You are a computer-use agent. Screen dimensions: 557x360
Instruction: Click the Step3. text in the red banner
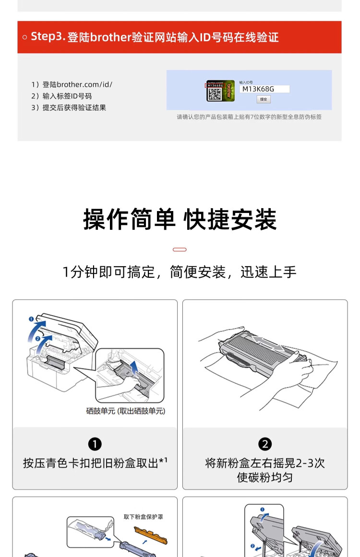[x=48, y=36]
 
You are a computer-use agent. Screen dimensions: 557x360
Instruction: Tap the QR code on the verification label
[x=214, y=94]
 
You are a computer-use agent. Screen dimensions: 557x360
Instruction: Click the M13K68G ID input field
[x=264, y=89]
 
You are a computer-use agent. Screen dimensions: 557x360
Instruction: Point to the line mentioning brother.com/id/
[x=72, y=84]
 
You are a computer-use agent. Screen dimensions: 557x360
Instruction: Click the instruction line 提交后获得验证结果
[x=69, y=107]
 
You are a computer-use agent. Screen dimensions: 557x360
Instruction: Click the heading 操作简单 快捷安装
[x=180, y=220]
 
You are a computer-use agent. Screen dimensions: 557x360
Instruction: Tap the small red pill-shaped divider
[x=180, y=249]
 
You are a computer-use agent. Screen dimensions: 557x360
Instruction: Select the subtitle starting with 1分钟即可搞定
[x=180, y=273]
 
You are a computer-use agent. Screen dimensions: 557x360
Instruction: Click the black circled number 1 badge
[x=95, y=444]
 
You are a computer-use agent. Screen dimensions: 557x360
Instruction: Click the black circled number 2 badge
[x=265, y=444]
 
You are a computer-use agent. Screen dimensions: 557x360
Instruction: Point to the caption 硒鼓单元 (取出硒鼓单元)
[x=126, y=411]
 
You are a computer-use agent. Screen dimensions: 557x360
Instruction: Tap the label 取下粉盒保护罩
[x=143, y=517]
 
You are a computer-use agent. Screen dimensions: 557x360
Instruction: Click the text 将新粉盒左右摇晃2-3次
[x=265, y=463]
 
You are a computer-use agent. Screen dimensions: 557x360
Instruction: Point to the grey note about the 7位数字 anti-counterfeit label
[x=249, y=117]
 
